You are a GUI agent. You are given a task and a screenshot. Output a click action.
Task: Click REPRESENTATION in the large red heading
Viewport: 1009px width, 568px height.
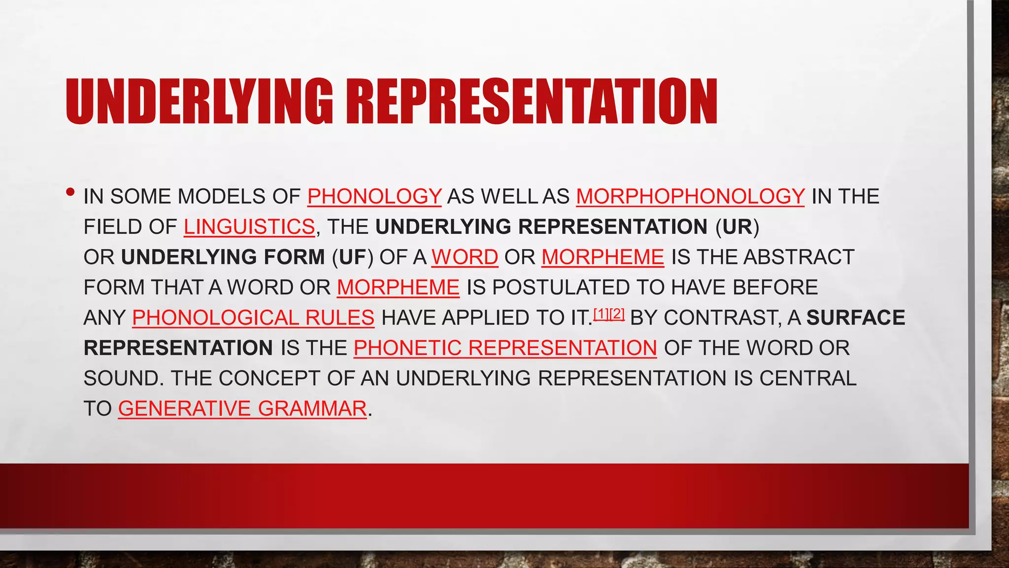pos(532,102)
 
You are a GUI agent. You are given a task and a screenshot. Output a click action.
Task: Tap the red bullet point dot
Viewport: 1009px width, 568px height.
pos(71,192)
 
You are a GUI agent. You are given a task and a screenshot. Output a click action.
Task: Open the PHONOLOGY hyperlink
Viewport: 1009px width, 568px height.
pos(374,196)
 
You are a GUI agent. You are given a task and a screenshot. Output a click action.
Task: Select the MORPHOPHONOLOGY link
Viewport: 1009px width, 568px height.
pos(690,196)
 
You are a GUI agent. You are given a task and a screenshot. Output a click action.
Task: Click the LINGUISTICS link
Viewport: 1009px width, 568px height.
pos(249,227)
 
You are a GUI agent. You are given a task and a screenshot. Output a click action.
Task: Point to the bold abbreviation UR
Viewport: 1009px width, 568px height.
pos(738,227)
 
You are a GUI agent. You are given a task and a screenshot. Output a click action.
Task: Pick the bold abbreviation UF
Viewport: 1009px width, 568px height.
pos(352,257)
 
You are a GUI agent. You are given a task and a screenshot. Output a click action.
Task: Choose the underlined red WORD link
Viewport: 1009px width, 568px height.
pos(465,257)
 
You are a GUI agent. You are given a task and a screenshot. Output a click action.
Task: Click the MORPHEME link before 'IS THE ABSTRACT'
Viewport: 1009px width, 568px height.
pos(603,257)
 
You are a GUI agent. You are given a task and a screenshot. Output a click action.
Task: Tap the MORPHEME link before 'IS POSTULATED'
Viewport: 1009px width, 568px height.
pos(398,287)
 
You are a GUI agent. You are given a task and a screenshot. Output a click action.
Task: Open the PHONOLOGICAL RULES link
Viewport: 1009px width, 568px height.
pos(253,318)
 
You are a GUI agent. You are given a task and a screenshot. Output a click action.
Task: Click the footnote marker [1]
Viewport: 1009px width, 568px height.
pos(601,314)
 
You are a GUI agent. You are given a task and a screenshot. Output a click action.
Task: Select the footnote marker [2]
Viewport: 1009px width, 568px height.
pos(617,314)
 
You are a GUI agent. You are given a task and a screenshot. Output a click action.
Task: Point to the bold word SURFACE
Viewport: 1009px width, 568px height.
pos(855,318)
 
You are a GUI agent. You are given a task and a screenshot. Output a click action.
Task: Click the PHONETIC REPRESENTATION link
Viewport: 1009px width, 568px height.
pos(505,348)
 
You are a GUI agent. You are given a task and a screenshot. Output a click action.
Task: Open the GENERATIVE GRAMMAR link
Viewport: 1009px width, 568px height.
pos(242,409)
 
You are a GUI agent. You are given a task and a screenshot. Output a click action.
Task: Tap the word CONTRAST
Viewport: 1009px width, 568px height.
pos(722,318)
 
